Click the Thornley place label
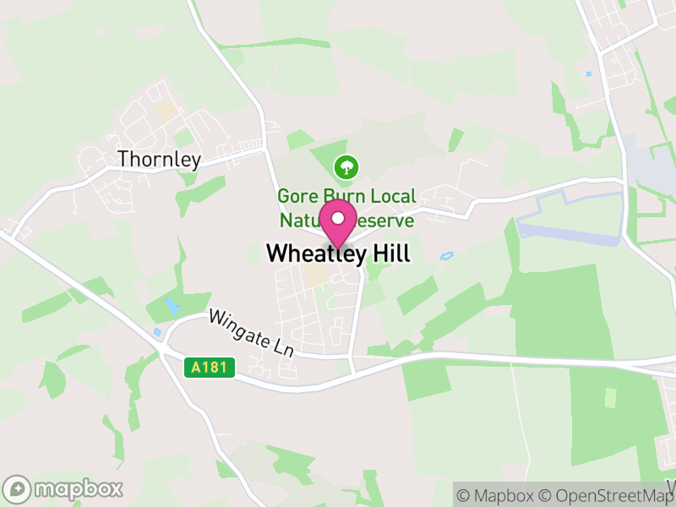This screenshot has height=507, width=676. click(x=160, y=159)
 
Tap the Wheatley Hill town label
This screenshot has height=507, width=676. click(x=338, y=253)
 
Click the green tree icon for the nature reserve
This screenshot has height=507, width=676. click(x=345, y=166)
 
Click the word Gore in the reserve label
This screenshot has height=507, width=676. click(x=297, y=196)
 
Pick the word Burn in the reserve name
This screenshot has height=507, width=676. click(x=343, y=196)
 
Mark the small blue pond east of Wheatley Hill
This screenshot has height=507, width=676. click(x=446, y=255)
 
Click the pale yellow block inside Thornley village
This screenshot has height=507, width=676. click(x=166, y=110)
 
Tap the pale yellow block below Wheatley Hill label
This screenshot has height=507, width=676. click(x=316, y=276)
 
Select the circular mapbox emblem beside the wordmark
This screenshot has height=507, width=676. click(x=18, y=489)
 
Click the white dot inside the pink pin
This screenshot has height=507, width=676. click(x=339, y=219)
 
